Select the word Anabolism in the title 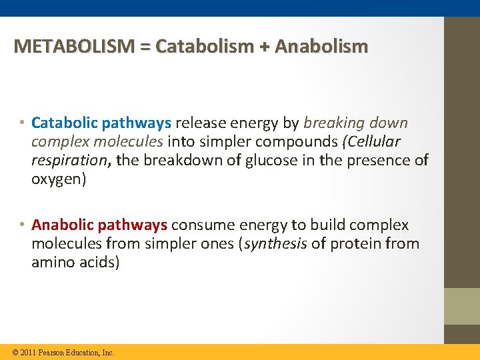click(321, 47)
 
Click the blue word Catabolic click(64, 123)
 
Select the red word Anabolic click(64, 225)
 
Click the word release click(198, 123)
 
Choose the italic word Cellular click(375, 142)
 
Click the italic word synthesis click(275, 244)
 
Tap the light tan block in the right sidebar click(462, 306)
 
